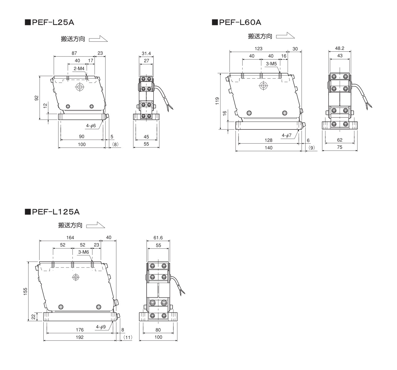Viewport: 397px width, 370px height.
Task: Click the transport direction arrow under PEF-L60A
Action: pos(285,36)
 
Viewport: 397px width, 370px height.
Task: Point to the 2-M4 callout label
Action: pos(79,68)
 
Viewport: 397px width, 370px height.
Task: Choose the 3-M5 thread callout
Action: pos(271,64)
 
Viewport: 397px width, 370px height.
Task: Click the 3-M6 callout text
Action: pos(83,252)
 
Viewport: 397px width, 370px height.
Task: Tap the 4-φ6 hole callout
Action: pos(91,126)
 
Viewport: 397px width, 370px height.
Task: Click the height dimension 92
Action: pos(37,98)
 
